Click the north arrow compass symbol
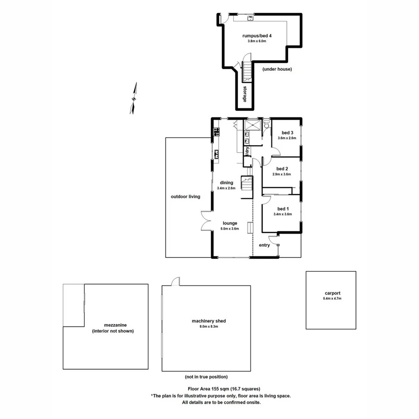tap(135, 98)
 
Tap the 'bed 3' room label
tap(284, 132)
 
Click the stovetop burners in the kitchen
tap(216, 132)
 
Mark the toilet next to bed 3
tap(266, 125)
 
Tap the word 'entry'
tap(264, 245)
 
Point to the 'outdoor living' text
tap(185, 196)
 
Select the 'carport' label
tap(332, 293)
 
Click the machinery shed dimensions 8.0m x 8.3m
tap(205, 326)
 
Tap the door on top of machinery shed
tap(175, 281)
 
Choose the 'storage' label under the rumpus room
tap(244, 95)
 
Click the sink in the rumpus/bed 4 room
tap(250, 19)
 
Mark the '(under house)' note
tap(277, 69)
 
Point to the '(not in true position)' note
tap(205, 377)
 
